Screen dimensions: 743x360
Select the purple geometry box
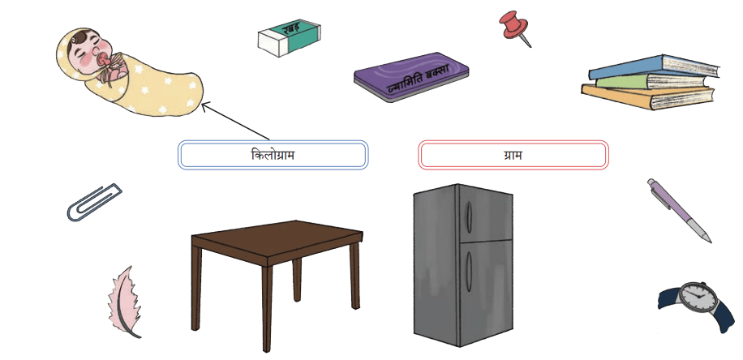point(410,77)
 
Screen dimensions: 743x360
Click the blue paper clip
point(94,202)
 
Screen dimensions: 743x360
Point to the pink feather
point(123,302)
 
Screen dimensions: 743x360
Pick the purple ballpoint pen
point(679,210)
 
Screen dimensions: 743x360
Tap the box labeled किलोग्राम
point(273,155)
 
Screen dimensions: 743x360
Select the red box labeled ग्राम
point(513,155)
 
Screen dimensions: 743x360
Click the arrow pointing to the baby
point(235,122)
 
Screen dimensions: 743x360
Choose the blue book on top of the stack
point(654,67)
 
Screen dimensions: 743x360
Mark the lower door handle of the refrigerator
point(468,272)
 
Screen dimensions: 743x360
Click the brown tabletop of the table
point(277,242)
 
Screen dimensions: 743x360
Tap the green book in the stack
point(654,82)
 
